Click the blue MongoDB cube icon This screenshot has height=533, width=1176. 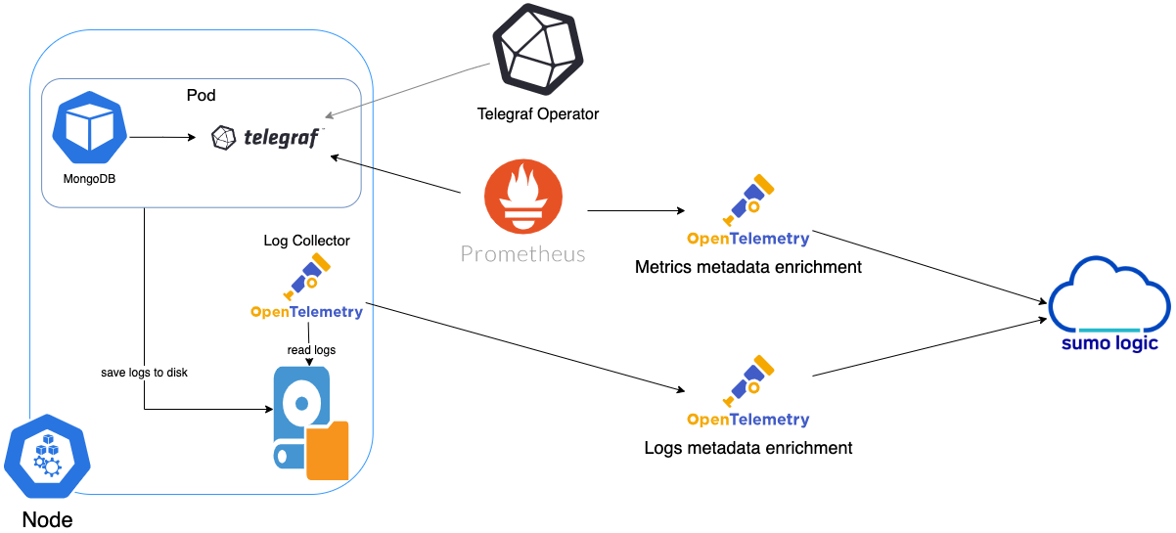[x=89, y=128]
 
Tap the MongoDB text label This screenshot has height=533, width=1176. [x=89, y=180]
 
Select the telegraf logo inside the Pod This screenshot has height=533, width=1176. [x=267, y=138]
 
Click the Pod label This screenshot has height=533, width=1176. [x=201, y=96]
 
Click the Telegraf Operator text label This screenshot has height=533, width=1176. [x=537, y=114]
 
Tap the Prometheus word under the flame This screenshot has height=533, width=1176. [x=522, y=254]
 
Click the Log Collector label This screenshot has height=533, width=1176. [x=306, y=241]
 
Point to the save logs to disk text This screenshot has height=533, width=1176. [x=144, y=373]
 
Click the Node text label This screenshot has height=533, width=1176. [x=47, y=519]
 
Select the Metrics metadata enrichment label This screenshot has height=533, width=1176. [x=747, y=267]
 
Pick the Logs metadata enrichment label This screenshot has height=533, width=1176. [x=747, y=448]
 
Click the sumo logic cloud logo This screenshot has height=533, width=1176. [x=1109, y=304]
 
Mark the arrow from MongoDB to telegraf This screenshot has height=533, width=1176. [x=162, y=138]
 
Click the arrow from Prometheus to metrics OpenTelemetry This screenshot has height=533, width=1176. [x=636, y=211]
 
